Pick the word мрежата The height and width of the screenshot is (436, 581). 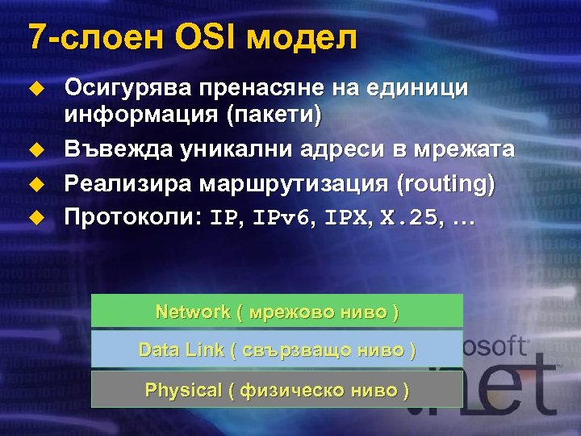(x=464, y=150)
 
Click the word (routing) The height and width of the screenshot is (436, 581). (x=445, y=183)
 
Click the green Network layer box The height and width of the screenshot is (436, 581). (x=277, y=311)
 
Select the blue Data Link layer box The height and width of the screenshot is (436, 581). (x=277, y=350)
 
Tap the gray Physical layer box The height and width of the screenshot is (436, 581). (x=277, y=389)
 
